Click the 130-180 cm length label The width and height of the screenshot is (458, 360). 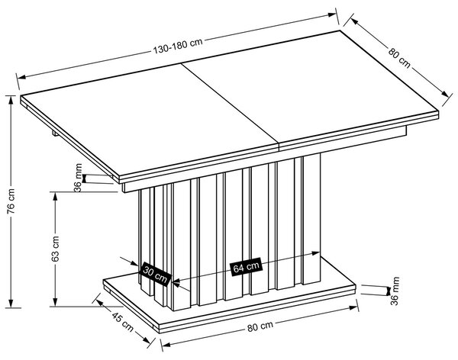point(178,46)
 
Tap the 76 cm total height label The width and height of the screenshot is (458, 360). point(11,201)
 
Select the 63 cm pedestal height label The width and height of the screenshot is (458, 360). point(55,249)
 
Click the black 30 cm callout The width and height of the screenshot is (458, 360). point(156,274)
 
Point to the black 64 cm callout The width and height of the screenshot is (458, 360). point(246,267)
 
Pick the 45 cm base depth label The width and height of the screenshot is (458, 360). point(123,322)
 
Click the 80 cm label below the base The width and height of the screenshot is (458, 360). point(260,326)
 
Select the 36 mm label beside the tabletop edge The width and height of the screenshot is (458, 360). point(79,178)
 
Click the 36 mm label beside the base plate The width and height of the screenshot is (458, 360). point(395,291)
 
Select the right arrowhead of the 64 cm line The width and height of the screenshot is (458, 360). point(316,253)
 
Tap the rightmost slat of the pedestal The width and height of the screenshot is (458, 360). point(311,218)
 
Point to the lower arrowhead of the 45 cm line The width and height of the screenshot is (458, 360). point(147,340)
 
